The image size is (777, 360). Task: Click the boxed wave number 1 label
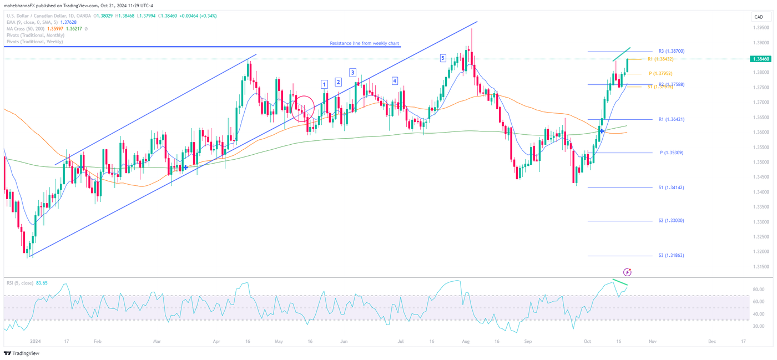(324, 84)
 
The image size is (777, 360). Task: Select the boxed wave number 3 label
(352, 73)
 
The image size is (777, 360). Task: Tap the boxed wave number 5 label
(442, 58)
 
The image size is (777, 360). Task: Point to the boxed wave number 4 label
(395, 81)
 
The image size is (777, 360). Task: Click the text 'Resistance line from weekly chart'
(364, 43)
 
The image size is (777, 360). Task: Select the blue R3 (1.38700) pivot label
(671, 51)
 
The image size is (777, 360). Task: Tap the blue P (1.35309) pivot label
(671, 153)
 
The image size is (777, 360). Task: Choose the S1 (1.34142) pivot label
(671, 187)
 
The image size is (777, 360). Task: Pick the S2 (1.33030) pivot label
(671, 221)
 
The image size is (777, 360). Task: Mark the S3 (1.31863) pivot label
(671, 255)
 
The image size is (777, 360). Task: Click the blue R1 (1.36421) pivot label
(671, 119)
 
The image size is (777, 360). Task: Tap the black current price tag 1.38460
(759, 58)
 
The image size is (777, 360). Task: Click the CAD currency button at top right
(758, 17)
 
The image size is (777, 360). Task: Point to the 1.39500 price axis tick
(760, 27)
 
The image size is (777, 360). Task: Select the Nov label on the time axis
(653, 342)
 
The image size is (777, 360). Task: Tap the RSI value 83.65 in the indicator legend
(42, 283)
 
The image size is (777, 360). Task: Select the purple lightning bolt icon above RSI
(627, 272)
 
